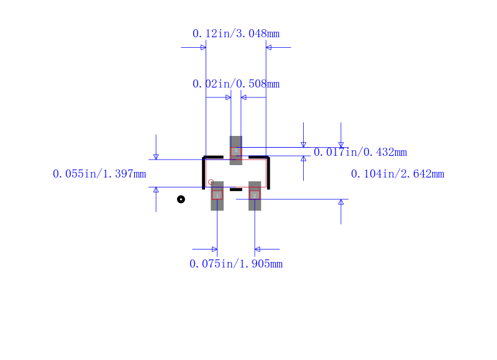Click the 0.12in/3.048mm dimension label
click(x=236, y=34)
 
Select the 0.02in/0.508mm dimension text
click(x=236, y=84)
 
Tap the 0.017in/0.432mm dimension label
click(x=360, y=152)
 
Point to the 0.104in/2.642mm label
click(x=398, y=174)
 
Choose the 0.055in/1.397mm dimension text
click(x=99, y=174)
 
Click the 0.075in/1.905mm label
click(x=236, y=264)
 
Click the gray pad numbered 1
click(x=217, y=196)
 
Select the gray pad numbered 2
click(x=255, y=196)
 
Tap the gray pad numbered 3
click(x=236, y=150)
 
